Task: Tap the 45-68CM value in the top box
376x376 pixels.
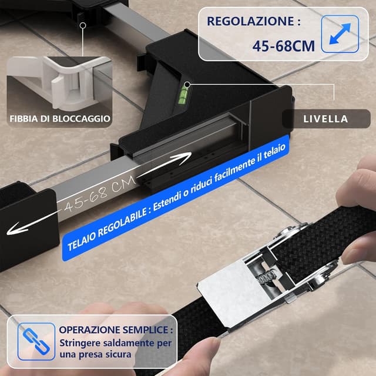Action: (x=283, y=45)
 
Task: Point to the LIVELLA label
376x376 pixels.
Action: (x=325, y=119)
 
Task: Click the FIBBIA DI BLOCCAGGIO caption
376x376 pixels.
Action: (x=59, y=119)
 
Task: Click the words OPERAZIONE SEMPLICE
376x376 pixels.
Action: (x=115, y=329)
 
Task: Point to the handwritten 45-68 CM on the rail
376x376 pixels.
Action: (x=100, y=196)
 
